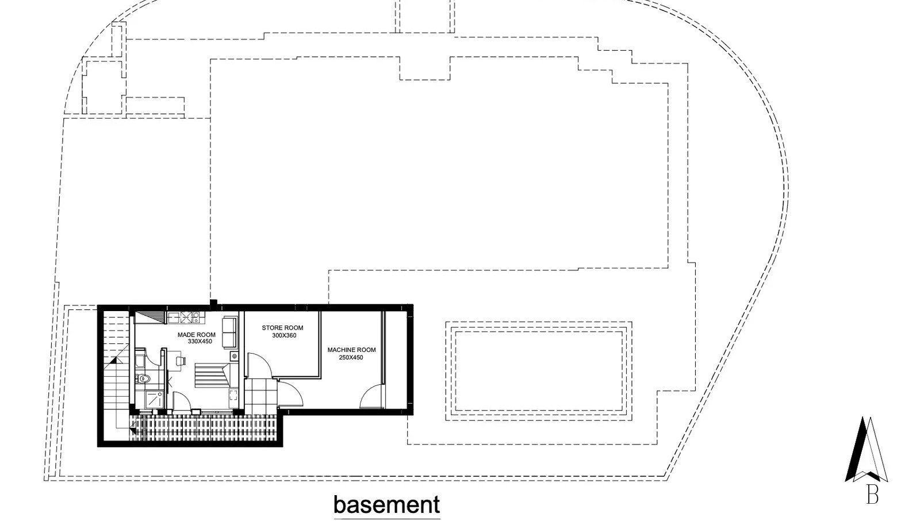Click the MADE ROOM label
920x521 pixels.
tap(196, 335)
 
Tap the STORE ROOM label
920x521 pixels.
tap(282, 327)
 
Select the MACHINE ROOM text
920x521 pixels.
tap(351, 350)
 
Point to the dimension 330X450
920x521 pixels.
tap(200, 342)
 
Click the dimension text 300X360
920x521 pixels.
tap(284, 335)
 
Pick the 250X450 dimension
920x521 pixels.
tap(351, 358)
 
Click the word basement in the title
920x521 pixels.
tap(386, 504)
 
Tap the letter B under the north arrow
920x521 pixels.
tap(872, 495)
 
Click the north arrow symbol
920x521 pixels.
tap(866, 449)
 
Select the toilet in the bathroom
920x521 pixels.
tap(142, 378)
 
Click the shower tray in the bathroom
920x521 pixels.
tap(155, 399)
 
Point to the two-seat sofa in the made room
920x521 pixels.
tap(230, 332)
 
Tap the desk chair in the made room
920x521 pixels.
tap(181, 359)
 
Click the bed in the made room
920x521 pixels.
tap(212, 375)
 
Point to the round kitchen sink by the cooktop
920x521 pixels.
tap(196, 316)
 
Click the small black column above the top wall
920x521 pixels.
tap(213, 303)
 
